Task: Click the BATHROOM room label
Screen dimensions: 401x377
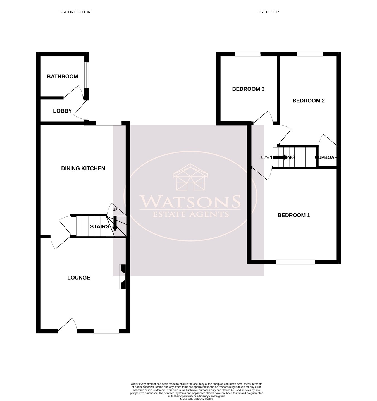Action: pyautogui.click(x=62, y=77)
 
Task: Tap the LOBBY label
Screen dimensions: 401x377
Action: pyautogui.click(x=62, y=111)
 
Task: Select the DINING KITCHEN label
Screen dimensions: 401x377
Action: pyautogui.click(x=83, y=168)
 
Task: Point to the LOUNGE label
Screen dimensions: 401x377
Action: pyautogui.click(x=79, y=278)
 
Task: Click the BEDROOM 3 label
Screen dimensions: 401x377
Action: pyautogui.click(x=248, y=89)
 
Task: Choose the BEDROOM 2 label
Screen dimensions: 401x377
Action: pyautogui.click(x=308, y=101)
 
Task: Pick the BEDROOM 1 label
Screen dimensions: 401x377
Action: pyautogui.click(x=294, y=215)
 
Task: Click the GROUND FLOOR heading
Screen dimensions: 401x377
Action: pyautogui.click(x=75, y=12)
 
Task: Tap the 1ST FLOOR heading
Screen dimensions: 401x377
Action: pyautogui.click(x=268, y=12)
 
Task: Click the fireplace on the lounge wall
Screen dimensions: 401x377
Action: pyautogui.click(x=123, y=277)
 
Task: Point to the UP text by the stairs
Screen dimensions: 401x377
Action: pyautogui.click(x=115, y=210)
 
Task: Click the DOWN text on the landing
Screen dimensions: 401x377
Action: pyautogui.click(x=266, y=157)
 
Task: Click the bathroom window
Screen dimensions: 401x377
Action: pyautogui.click(x=87, y=75)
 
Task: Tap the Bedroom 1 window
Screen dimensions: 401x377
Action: pyautogui.click(x=295, y=262)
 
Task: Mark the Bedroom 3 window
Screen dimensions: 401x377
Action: pyautogui.click(x=247, y=54)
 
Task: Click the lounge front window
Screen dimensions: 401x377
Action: pyautogui.click(x=106, y=331)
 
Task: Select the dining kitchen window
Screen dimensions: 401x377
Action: pyautogui.click(x=109, y=123)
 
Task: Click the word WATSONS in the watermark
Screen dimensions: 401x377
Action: pyautogui.click(x=190, y=201)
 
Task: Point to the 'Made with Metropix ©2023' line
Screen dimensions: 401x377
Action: pyautogui.click(x=196, y=399)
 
